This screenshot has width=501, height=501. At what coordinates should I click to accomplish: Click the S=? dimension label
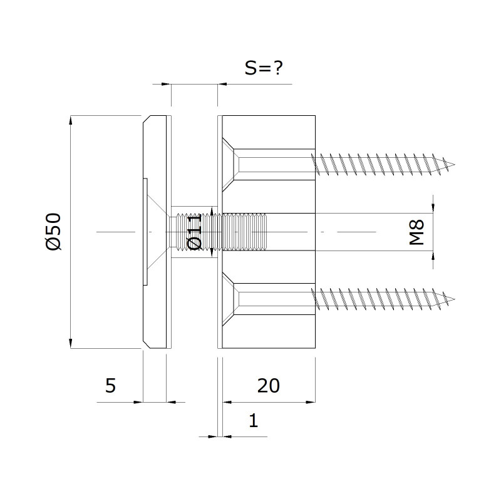(264, 68)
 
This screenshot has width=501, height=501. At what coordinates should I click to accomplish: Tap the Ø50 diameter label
(53, 232)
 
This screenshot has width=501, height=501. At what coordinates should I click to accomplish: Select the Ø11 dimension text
(195, 232)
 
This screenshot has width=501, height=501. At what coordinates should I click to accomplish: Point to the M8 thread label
(416, 232)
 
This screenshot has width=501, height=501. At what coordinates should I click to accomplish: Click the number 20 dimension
(269, 386)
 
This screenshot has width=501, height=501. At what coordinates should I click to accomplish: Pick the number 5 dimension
(110, 386)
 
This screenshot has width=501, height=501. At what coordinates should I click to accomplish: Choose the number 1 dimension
(254, 420)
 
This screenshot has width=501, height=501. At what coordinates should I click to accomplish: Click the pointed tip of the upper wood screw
(455, 165)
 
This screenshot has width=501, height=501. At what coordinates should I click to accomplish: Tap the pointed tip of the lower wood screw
(455, 299)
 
